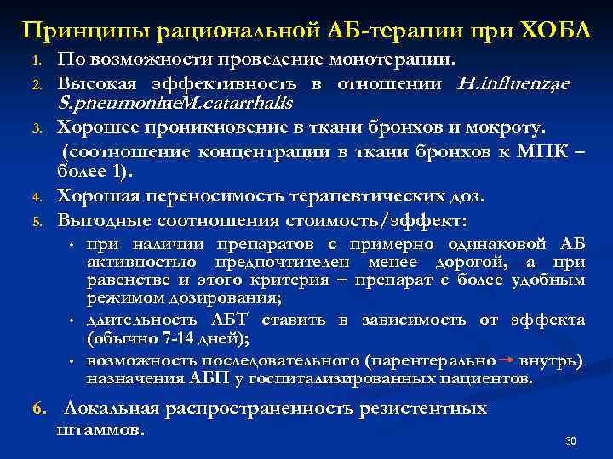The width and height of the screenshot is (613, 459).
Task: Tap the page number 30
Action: (x=571, y=441)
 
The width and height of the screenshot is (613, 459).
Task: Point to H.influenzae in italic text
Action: (x=513, y=83)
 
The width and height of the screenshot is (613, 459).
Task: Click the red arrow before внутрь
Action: (x=507, y=361)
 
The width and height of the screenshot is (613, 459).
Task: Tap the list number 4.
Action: (x=37, y=196)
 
